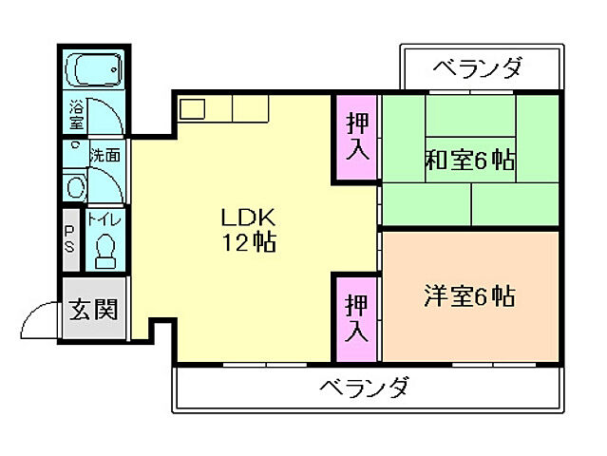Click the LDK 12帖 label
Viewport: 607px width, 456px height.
pos(249,229)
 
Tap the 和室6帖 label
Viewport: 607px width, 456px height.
pos(469,161)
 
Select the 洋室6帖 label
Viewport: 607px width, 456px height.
pos(469,297)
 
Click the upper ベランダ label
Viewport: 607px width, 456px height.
pos(478,68)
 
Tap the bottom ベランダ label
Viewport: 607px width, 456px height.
pos(364,388)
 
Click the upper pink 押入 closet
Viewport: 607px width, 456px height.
pos(356,141)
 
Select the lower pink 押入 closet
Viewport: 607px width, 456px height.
pos(356,318)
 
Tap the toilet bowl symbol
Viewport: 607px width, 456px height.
pos(104,250)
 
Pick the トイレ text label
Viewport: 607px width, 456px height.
pos(104,218)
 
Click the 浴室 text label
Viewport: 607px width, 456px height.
pos(76,115)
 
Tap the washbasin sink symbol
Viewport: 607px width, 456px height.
pos(75,186)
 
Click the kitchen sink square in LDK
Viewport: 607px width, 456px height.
pos(193,108)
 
